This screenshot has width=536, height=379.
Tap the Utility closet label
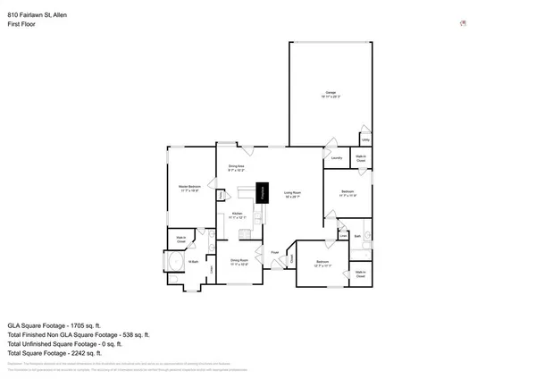pyautogui.click(x=365, y=140)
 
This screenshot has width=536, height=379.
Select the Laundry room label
pyautogui.click(x=338, y=159)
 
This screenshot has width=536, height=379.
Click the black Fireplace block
pyautogui.click(x=264, y=193)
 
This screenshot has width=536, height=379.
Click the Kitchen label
pyautogui.click(x=238, y=215)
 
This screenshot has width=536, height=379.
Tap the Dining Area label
pyautogui.click(x=237, y=167)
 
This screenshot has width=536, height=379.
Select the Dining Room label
pyautogui.click(x=239, y=261)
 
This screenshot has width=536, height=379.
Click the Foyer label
pyautogui.click(x=275, y=253)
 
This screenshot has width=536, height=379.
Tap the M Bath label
pyautogui.click(x=192, y=261)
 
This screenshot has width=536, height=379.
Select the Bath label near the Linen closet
pyautogui.click(x=356, y=236)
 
